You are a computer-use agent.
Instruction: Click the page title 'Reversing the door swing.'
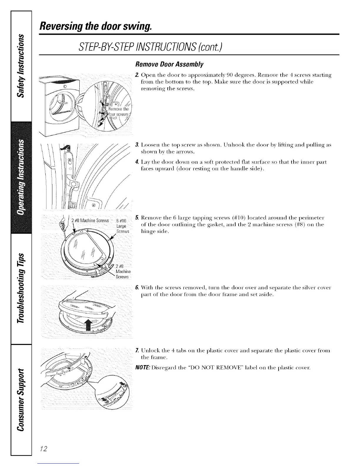coord(96,27)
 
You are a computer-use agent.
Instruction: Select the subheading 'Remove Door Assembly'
coord(169,64)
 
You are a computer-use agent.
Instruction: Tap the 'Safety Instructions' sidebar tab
coord(20,66)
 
